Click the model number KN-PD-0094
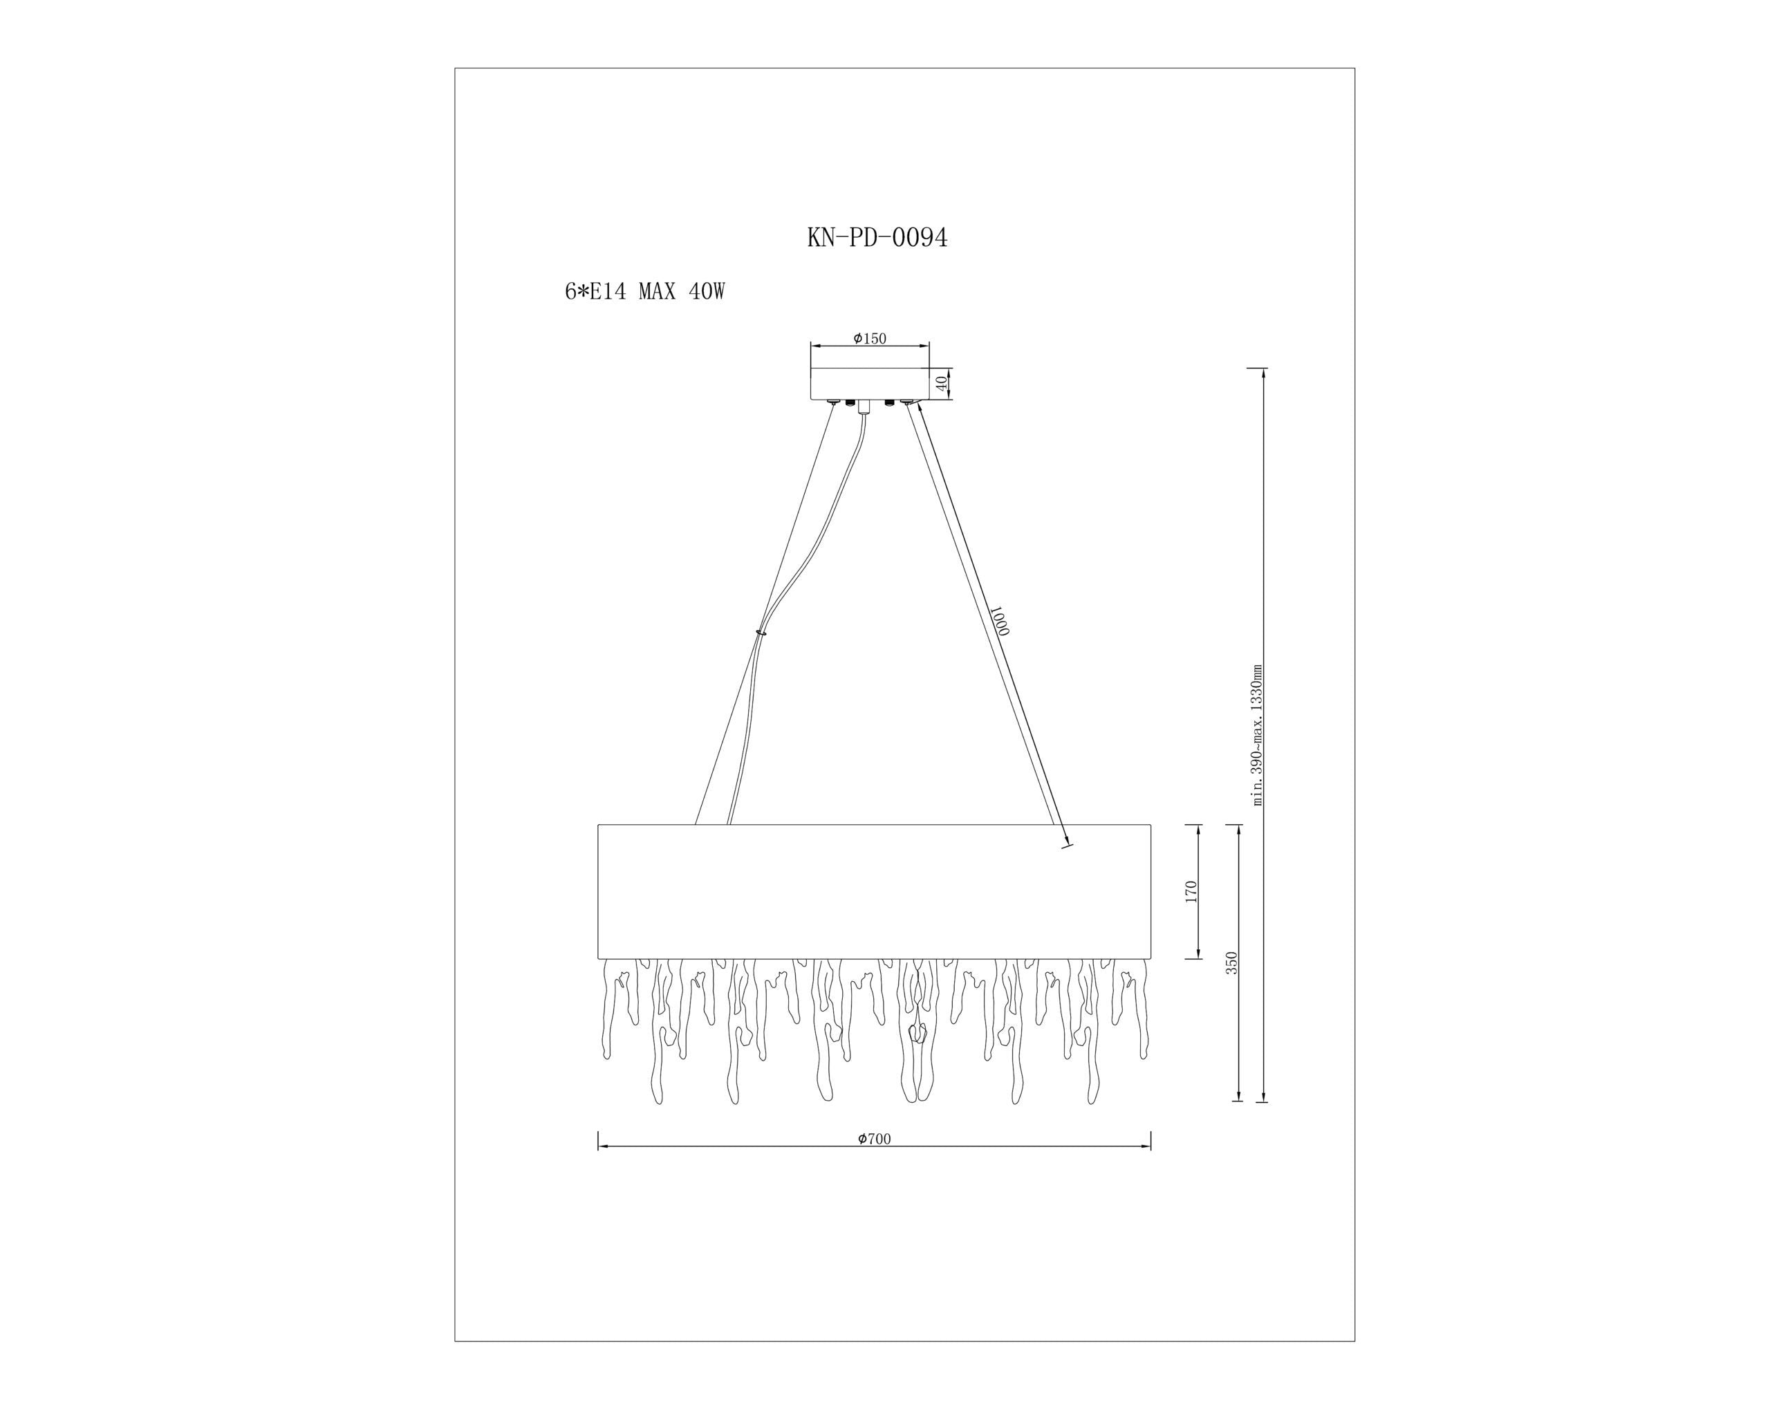click(877, 237)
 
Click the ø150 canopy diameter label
click(870, 338)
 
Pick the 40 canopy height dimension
click(942, 382)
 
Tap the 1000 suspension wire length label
click(998, 621)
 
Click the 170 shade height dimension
click(1191, 891)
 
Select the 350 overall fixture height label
click(1231, 963)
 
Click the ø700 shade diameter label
click(875, 1139)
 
